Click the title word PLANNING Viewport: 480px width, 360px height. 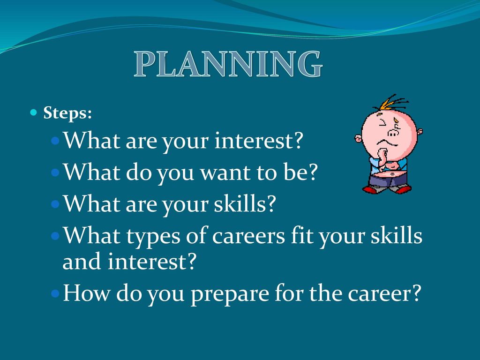click(x=228, y=64)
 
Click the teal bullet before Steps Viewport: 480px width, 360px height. click(x=33, y=112)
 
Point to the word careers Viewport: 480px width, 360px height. click(x=248, y=236)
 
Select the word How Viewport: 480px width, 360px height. click(x=86, y=292)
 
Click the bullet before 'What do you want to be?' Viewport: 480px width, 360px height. click(x=55, y=172)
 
